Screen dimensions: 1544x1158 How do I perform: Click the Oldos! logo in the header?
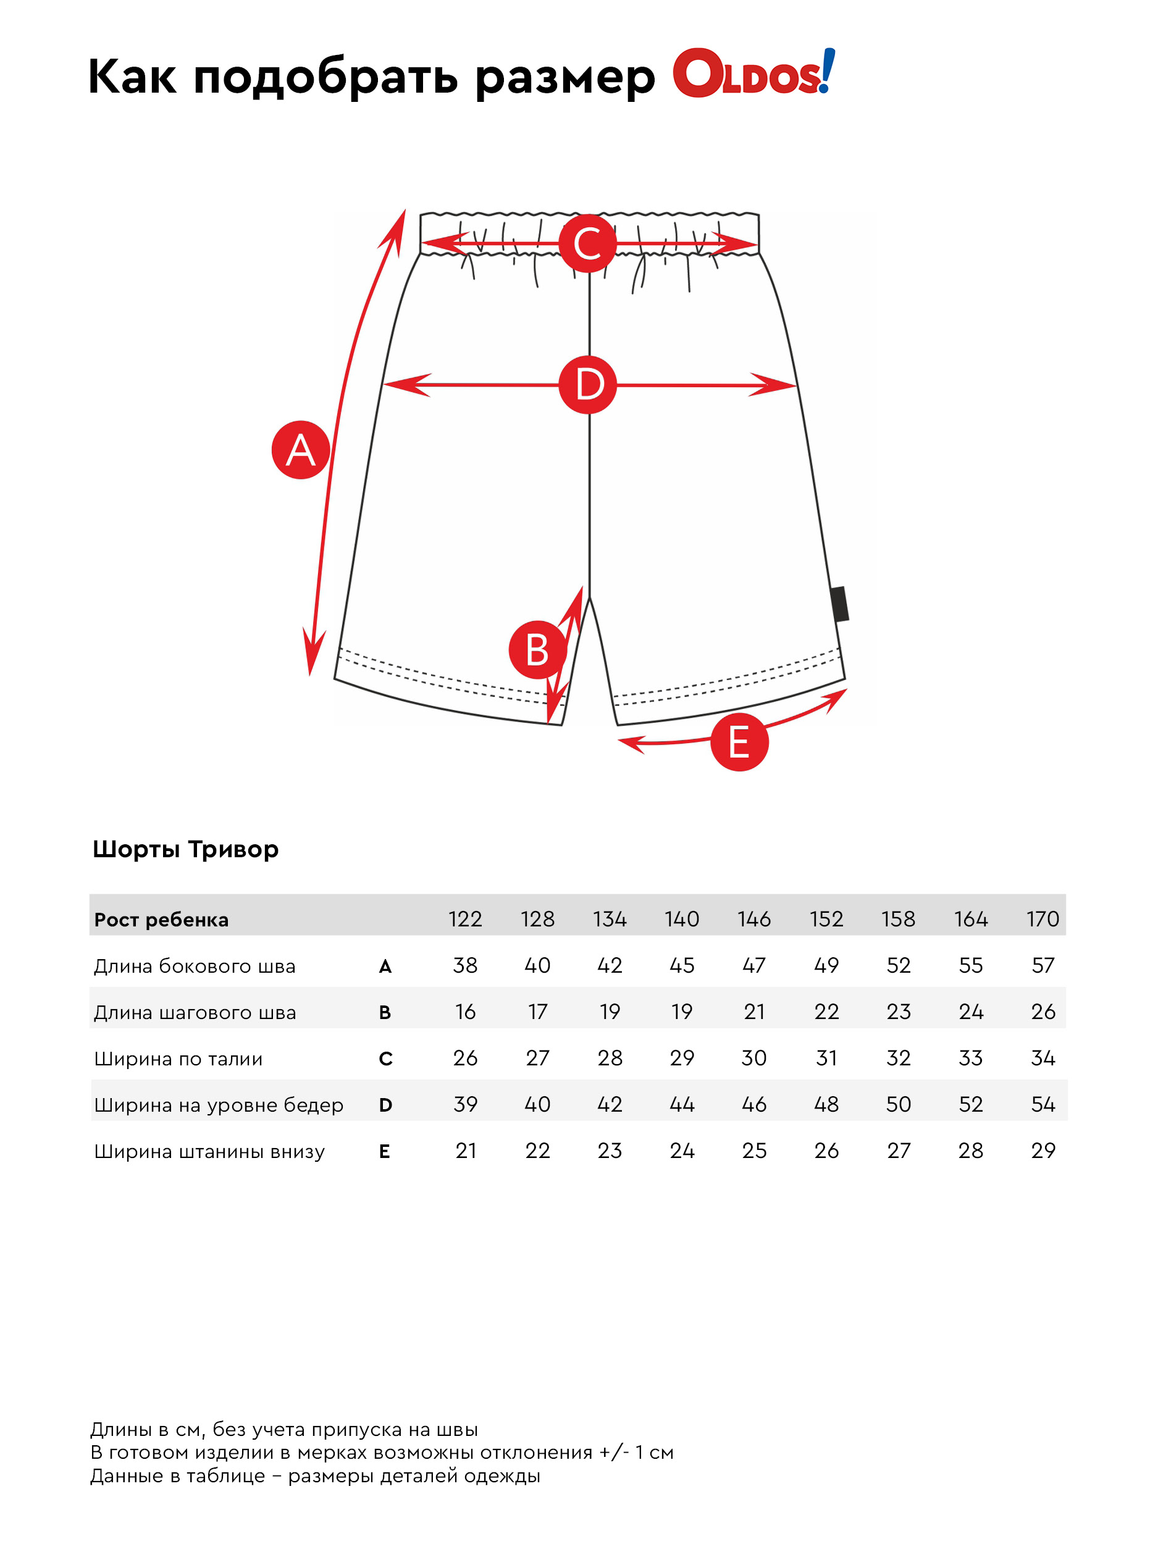point(753,73)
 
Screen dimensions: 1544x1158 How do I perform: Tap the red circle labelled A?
point(300,450)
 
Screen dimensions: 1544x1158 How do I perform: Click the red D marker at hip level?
point(588,385)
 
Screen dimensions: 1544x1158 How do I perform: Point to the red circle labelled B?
point(537,650)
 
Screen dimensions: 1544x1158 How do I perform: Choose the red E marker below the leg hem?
point(739,742)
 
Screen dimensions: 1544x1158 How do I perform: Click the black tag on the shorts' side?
point(840,604)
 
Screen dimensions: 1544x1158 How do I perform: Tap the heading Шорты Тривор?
point(186,849)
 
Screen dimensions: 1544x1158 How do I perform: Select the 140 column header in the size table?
point(682,919)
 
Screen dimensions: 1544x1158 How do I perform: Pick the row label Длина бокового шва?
point(195,967)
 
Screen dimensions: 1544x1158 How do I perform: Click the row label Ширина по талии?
point(178,1060)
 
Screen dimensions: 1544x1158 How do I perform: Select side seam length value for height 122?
point(465,966)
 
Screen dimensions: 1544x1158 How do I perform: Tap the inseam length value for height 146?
point(754,1012)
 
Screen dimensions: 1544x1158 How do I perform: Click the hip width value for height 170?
point(1043,1105)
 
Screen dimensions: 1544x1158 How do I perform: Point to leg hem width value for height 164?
point(970,1151)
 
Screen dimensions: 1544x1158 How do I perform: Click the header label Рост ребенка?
point(161,920)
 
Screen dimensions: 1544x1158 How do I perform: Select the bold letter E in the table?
point(385,1152)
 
